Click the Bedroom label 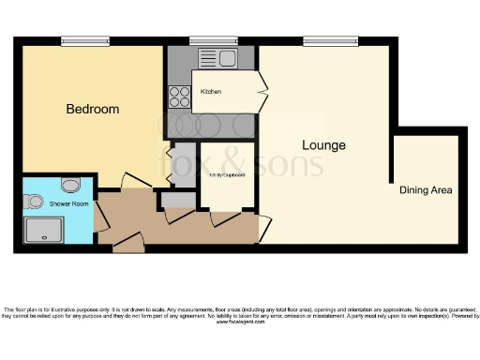point(93,110)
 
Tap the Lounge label point(323,145)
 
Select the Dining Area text point(426,190)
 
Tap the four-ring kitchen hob point(178,94)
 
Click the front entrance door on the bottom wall point(128,245)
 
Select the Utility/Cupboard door point(225,217)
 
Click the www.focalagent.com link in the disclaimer point(239,321)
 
